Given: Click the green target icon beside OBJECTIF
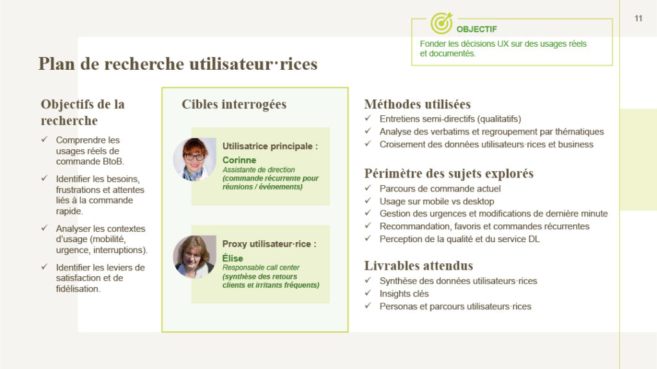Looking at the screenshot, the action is (441, 23).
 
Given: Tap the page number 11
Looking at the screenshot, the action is (638, 19).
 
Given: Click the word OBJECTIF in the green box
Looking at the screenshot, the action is (477, 29).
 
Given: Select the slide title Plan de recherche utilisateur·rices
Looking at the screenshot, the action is (178, 64).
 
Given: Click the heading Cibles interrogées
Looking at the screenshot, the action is (234, 104).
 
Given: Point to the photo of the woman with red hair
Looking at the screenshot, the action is (194, 160).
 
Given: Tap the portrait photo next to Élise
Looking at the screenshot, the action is (194, 257).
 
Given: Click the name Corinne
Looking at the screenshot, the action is (239, 160).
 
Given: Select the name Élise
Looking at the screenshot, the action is (232, 258).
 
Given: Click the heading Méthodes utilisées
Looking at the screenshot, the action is (417, 104).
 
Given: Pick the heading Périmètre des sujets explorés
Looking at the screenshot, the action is (448, 174).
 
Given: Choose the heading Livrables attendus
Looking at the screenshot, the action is (418, 266).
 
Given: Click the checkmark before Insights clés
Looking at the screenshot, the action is (368, 293).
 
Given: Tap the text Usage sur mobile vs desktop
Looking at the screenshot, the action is (436, 201).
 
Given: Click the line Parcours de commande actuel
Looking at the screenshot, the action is (440, 189).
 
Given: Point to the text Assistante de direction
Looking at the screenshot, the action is (259, 170).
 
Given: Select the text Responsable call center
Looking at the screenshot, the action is (261, 268).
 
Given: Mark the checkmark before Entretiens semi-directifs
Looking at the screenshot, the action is (368, 119).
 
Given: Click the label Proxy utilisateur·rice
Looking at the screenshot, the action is (269, 244).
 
